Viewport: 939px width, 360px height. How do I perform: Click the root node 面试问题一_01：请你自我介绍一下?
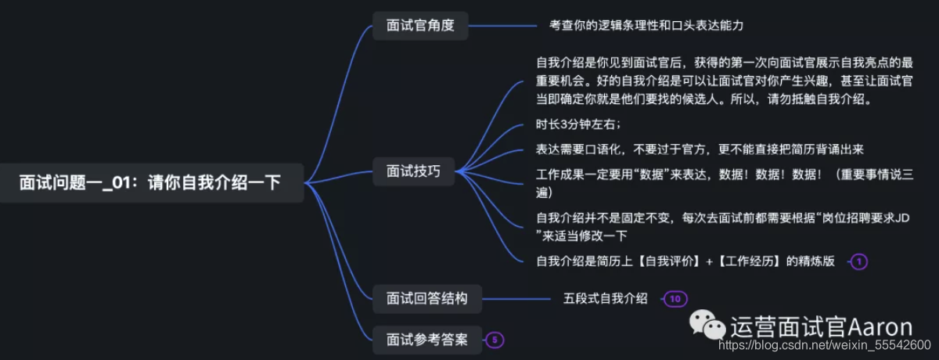tap(150, 183)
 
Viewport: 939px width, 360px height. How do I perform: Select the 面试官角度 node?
tap(419, 25)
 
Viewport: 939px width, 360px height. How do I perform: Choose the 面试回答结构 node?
tap(426, 298)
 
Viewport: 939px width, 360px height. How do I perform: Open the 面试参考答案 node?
tap(426, 340)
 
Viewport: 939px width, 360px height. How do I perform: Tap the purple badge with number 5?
tap(495, 340)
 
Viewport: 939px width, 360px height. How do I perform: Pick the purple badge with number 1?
tap(858, 261)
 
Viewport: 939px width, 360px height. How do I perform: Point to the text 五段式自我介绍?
tap(606, 298)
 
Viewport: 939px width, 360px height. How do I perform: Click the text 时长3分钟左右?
tap(578, 124)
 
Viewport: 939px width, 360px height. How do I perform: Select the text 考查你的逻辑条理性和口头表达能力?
tap(646, 25)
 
